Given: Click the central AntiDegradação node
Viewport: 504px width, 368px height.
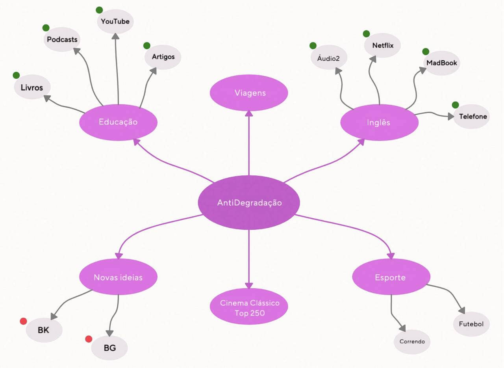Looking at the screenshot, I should point(249,203).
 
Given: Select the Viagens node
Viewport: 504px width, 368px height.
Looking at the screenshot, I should point(249,93).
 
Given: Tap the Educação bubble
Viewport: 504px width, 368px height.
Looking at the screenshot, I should point(118,122).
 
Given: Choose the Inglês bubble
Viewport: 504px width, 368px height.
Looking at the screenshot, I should point(379,122).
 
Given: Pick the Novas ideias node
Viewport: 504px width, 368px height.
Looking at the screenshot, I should point(118,277).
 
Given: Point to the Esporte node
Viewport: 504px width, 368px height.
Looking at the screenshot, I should point(390,277).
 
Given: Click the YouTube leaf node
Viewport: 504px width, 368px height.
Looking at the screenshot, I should point(115,21).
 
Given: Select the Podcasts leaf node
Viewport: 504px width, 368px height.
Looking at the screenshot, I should point(62,39).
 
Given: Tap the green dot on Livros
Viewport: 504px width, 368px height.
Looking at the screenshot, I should point(16,75).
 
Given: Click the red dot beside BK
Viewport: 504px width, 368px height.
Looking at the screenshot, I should point(23,321).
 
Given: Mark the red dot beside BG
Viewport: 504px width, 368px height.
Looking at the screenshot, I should point(89,339).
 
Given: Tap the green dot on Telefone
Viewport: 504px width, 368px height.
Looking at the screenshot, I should point(455,105).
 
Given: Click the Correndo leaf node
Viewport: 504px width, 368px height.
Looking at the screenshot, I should point(412,341).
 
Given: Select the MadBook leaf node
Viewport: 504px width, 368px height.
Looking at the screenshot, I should point(441,63).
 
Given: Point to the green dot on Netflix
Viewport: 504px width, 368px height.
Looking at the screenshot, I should point(366,34).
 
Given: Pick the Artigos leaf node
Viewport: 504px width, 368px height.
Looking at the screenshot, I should point(163,57).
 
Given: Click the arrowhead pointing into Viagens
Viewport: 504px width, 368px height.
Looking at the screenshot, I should point(249,113).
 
